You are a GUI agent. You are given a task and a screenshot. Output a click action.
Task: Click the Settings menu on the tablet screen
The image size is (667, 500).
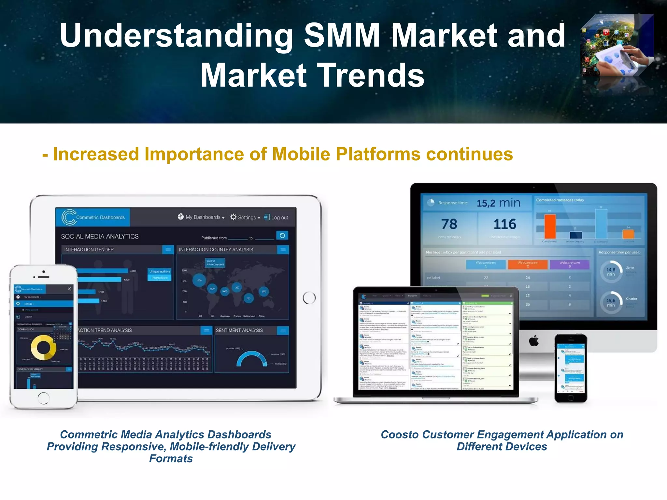point(245,217)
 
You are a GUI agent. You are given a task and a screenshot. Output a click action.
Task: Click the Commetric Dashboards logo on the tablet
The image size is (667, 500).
point(93,217)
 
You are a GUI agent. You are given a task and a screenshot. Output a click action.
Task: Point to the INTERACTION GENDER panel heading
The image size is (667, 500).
point(89,250)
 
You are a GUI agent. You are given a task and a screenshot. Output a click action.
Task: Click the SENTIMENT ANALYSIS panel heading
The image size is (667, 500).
point(239,330)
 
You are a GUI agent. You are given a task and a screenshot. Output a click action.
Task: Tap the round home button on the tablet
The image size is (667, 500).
point(309,298)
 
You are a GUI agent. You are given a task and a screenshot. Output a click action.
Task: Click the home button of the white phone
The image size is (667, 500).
point(43,397)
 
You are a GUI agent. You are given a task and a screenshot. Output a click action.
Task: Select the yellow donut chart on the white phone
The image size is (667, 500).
point(43,348)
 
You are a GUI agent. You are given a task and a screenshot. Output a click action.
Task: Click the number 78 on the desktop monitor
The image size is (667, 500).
point(449,224)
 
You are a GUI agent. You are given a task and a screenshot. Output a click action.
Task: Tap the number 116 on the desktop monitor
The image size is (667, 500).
point(505,224)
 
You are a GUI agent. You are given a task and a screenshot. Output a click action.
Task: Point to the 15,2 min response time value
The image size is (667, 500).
point(498,203)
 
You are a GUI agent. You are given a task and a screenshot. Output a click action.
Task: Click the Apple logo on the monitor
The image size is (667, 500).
point(533,341)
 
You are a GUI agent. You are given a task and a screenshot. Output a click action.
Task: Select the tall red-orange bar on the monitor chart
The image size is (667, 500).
point(550,227)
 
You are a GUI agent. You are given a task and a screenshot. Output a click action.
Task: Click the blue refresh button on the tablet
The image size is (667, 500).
point(282,235)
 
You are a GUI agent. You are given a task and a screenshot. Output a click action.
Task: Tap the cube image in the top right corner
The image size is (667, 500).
point(617,46)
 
